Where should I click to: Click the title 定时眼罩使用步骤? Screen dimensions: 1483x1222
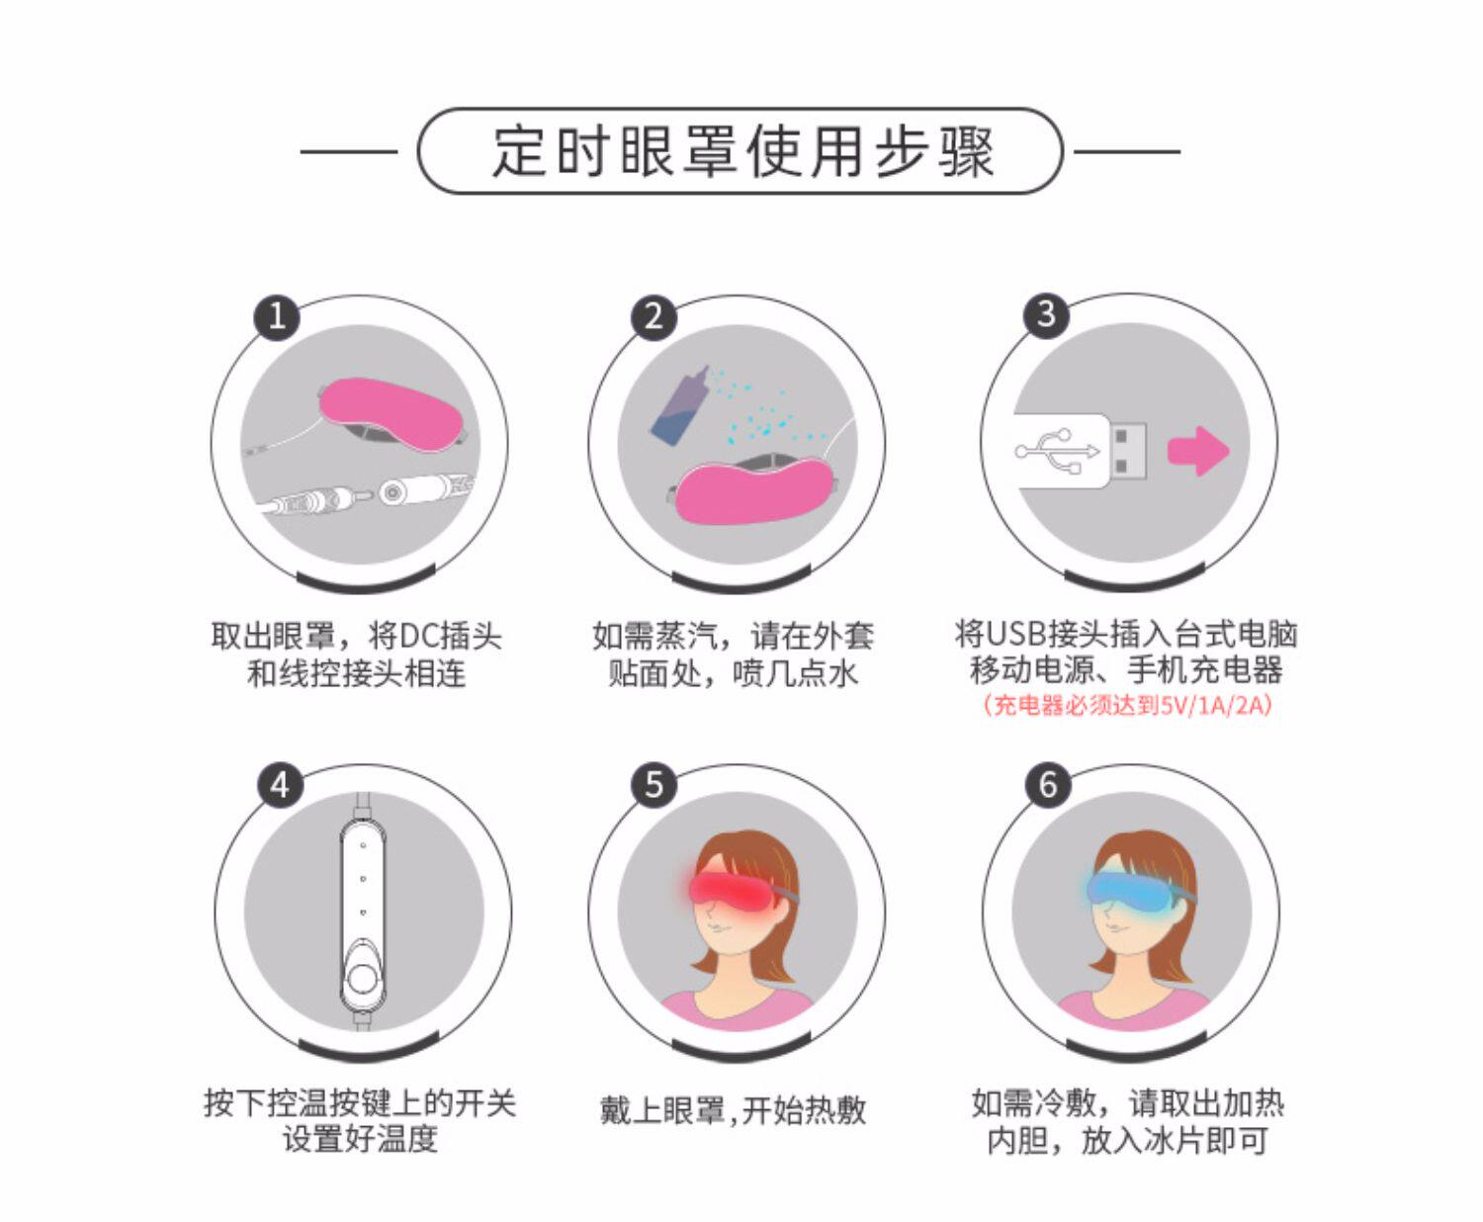(x=742, y=151)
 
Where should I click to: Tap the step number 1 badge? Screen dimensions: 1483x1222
(x=277, y=316)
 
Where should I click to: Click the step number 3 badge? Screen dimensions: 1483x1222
(x=1046, y=314)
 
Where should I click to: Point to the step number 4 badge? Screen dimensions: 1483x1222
(x=280, y=785)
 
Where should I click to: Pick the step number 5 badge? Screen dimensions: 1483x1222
(x=654, y=785)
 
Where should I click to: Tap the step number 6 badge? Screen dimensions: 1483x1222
(x=1048, y=785)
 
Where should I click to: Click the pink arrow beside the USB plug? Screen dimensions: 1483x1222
(x=1199, y=451)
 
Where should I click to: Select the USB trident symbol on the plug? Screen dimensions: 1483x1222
(x=1056, y=451)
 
